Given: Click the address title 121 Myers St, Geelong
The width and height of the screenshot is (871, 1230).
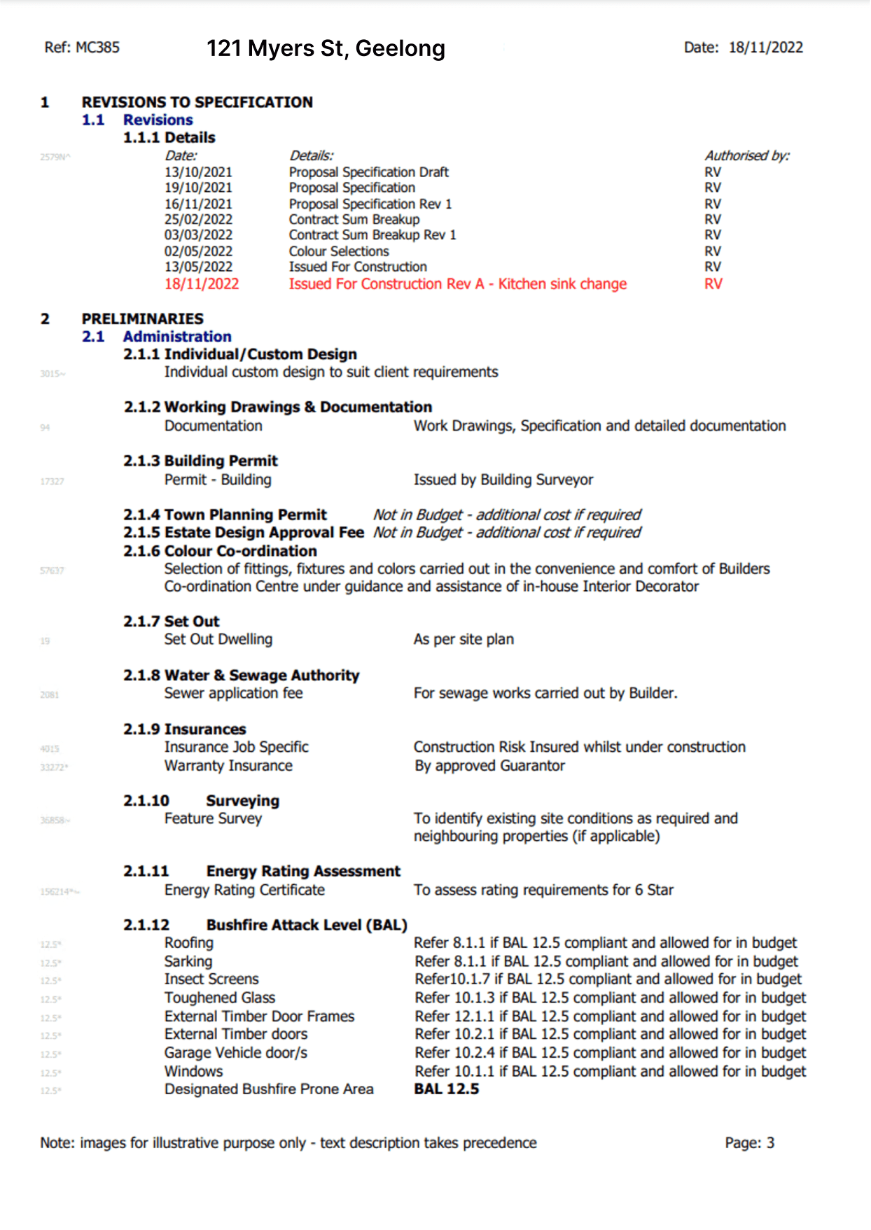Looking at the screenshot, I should click(326, 48).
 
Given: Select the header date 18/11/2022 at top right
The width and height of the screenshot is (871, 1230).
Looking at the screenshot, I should click(765, 48).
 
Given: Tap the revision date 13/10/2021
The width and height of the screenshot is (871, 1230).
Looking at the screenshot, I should click(198, 172).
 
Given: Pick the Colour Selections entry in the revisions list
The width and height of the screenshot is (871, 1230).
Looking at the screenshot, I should click(339, 251).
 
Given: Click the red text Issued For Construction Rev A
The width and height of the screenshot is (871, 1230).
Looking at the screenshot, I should click(386, 284).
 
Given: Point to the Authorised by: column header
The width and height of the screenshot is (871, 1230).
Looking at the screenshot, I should click(746, 155).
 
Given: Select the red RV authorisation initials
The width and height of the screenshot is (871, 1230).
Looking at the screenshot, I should click(713, 284).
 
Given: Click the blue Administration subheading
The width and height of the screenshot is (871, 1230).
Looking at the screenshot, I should click(177, 337).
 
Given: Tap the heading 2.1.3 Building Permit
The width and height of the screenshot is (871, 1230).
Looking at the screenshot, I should click(200, 461).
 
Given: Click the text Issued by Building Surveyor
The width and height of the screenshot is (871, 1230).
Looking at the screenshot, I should click(503, 480).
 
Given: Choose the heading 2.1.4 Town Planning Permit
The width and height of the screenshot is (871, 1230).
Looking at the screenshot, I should click(225, 515).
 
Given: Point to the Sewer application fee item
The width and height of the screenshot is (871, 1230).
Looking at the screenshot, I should click(233, 694).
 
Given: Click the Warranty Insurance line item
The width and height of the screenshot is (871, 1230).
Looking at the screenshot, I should click(228, 766).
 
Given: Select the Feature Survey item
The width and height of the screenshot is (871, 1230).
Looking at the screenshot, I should click(213, 819).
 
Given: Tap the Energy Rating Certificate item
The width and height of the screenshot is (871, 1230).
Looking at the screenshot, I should click(244, 890).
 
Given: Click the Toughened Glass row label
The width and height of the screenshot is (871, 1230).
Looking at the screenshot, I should click(219, 998).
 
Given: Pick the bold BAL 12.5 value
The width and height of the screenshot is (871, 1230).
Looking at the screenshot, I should click(447, 1089).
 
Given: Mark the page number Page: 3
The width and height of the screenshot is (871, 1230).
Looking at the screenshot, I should click(749, 1143).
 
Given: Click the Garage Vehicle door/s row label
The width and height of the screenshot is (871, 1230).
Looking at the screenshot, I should click(235, 1054).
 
